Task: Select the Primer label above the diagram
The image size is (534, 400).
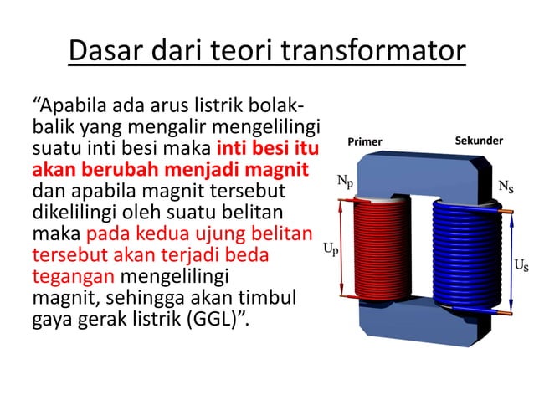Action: coord(365,141)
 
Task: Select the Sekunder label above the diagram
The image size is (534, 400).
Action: coord(479,141)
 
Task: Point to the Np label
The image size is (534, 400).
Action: coord(345,180)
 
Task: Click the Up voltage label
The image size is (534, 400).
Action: coord(331,249)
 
